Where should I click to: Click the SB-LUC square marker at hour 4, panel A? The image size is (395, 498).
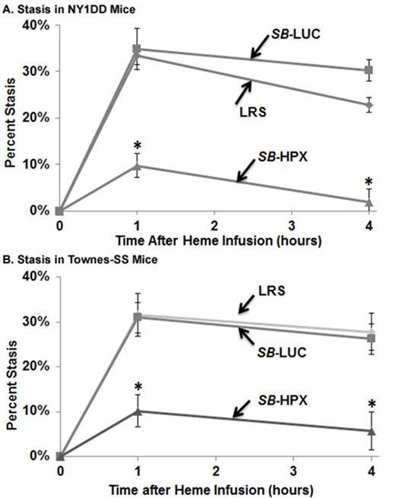click(x=368, y=70)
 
